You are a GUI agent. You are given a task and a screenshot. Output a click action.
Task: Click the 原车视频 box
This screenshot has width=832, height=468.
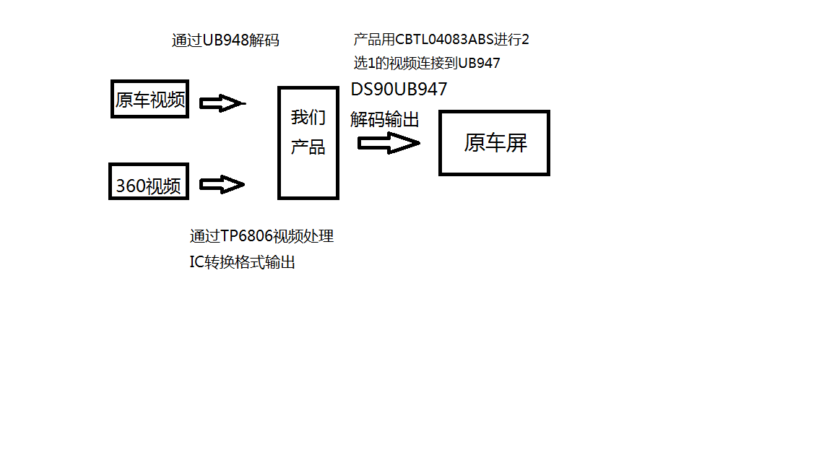tap(150, 99)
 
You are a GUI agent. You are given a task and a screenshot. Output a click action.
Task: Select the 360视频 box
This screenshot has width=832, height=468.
tap(149, 181)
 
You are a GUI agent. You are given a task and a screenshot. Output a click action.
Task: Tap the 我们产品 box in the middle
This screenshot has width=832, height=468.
tap(308, 142)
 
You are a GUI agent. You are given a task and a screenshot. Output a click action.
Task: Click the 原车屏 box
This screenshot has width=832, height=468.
tap(495, 142)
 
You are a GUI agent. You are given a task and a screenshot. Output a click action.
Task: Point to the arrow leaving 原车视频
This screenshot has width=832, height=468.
tap(222, 104)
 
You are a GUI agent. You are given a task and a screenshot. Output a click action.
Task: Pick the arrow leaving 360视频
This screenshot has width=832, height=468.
tap(222, 185)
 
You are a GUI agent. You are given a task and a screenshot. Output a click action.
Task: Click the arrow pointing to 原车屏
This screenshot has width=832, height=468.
tap(389, 144)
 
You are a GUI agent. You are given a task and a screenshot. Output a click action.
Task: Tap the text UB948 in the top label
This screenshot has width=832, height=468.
tap(225, 40)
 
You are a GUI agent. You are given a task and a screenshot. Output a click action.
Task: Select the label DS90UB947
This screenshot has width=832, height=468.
tap(399, 90)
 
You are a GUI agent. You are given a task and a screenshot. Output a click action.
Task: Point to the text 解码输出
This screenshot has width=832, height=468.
tap(385, 119)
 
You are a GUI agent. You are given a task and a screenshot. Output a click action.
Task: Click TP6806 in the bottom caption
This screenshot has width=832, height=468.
tap(247, 236)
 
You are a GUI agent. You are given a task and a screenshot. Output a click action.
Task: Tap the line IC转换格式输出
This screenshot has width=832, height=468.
tap(243, 262)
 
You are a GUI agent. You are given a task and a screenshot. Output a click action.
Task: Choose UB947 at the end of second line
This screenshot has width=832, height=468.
tap(480, 63)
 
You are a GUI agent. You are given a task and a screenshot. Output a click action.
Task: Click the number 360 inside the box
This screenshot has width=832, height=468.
tap(131, 186)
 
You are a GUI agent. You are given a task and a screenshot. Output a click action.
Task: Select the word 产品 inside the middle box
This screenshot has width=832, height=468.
tap(308, 147)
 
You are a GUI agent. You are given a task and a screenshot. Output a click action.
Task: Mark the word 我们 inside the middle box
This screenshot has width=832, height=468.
tap(308, 118)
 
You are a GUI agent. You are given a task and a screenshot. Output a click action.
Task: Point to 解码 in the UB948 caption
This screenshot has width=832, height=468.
tap(263, 40)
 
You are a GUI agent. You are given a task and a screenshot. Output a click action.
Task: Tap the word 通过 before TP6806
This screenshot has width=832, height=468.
tap(200, 236)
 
